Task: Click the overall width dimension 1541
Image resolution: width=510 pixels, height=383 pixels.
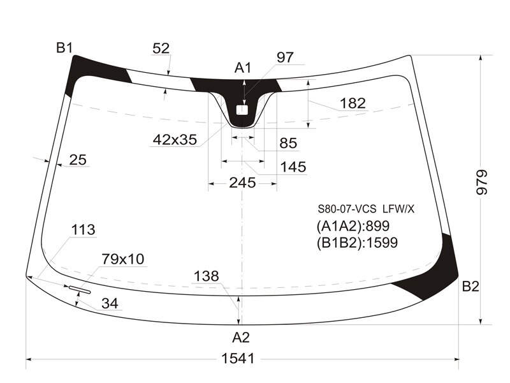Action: click(x=238, y=359)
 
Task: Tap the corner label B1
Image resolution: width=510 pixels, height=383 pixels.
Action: click(x=64, y=48)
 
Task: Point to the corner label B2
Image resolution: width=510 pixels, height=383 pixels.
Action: click(x=470, y=286)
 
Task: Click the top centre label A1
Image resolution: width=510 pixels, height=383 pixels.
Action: click(x=243, y=68)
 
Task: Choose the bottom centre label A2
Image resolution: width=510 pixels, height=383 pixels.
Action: click(x=241, y=338)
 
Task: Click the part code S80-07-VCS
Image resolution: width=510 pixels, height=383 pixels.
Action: click(x=347, y=209)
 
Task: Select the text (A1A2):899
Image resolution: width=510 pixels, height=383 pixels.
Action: click(x=353, y=226)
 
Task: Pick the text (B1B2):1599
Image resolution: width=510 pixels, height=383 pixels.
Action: click(x=357, y=243)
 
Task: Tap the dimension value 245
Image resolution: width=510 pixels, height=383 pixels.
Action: click(x=242, y=183)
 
